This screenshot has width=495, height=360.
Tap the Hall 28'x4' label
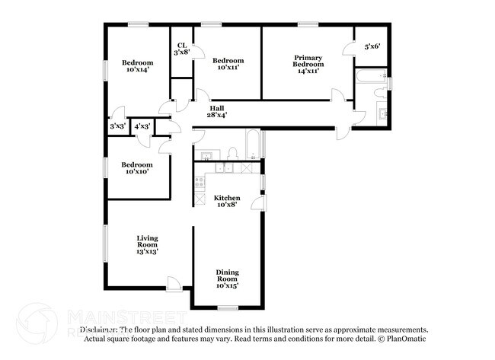click(218, 112)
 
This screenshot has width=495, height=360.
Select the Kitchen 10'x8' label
click(227, 201)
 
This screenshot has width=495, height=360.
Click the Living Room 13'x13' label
click(147, 244)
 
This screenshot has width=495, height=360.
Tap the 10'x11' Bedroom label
click(228, 64)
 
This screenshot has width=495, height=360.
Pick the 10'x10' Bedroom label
click(137, 167)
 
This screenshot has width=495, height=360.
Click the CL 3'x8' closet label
click(182, 49)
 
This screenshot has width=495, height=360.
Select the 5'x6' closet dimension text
click(372, 46)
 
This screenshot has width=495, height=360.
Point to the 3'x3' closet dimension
click(117, 126)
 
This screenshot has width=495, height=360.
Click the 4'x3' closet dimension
click(142, 126)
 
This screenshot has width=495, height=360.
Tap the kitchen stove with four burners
click(200, 182)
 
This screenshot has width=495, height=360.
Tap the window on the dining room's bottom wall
click(227, 307)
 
